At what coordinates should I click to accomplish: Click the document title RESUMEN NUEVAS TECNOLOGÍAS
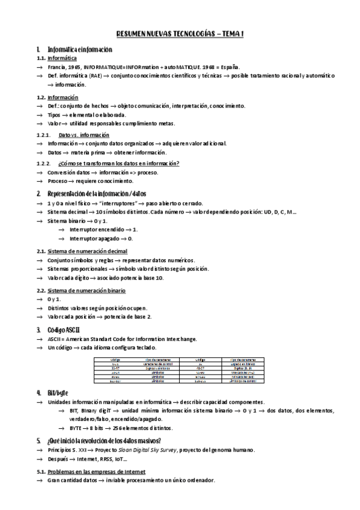click(180, 35)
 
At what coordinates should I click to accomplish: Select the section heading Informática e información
click(79, 49)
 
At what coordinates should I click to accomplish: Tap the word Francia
click(58, 67)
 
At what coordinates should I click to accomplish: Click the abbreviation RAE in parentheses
click(96, 76)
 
